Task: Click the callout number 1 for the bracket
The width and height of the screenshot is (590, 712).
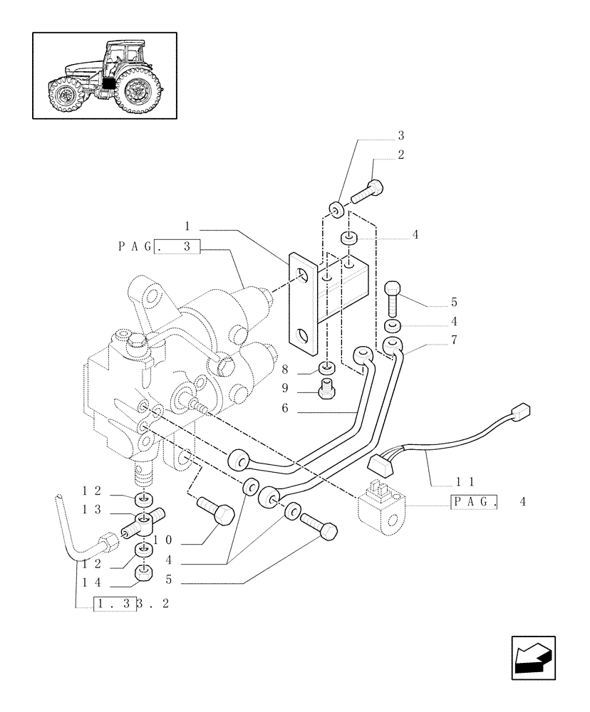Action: coord(187,226)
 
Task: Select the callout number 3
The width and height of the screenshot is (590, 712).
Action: coord(401,135)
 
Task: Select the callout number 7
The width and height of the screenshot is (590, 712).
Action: coord(453,340)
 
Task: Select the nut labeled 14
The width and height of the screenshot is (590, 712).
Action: coord(144,571)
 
